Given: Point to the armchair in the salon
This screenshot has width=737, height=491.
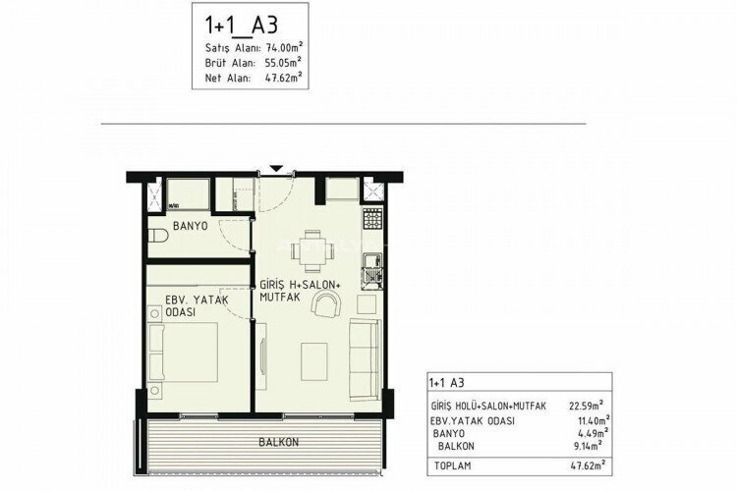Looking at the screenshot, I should point(324,307).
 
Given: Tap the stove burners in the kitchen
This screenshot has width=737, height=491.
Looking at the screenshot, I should point(371,217).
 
